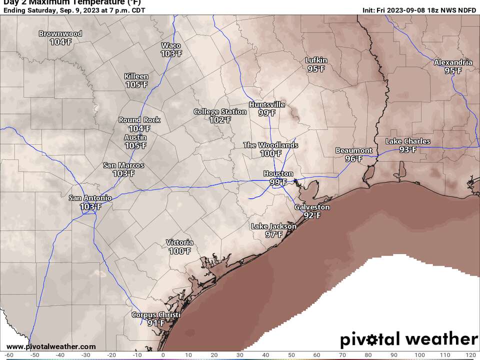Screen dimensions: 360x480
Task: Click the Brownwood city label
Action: [60, 34]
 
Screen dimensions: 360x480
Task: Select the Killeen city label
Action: [136, 76]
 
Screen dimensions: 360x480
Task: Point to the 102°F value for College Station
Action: [220, 120]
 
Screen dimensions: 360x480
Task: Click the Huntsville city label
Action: [267, 105]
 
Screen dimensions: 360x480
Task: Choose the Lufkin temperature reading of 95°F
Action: [316, 69]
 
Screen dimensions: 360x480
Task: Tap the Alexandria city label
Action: [453, 62]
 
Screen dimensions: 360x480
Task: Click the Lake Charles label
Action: [407, 141]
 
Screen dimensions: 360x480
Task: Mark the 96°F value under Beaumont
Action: [353, 159]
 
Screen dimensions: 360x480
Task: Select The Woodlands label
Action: [270, 145]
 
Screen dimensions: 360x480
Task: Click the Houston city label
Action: [278, 174]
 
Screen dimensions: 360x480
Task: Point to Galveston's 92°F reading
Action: [312, 215]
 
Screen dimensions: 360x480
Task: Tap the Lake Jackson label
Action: [273, 226]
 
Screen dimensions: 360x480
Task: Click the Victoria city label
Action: [179, 243]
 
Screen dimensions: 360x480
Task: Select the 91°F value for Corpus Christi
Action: [156, 323]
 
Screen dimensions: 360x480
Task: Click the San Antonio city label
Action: [90, 198]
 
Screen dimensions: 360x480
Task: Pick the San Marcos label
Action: [123, 165]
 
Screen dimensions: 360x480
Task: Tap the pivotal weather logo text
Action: [408, 339]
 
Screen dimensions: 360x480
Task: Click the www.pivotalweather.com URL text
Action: [51, 346]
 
